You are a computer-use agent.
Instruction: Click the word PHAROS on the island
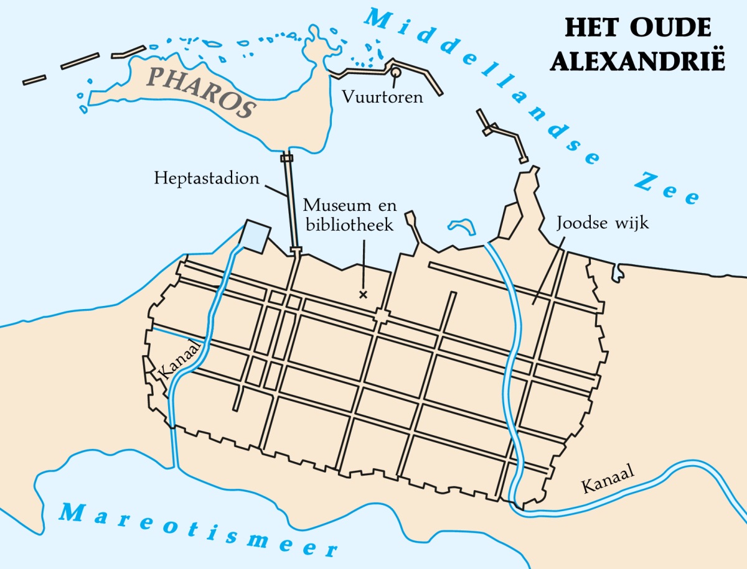tap(202, 91)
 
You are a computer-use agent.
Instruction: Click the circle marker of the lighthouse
tap(395, 73)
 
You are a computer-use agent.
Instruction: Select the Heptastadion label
tap(207, 178)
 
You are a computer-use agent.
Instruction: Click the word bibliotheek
tap(349, 224)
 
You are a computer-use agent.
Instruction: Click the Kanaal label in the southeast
tap(608, 479)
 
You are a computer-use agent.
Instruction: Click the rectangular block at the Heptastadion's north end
tap(286, 158)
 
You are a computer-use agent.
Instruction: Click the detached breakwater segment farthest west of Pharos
tap(34, 80)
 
